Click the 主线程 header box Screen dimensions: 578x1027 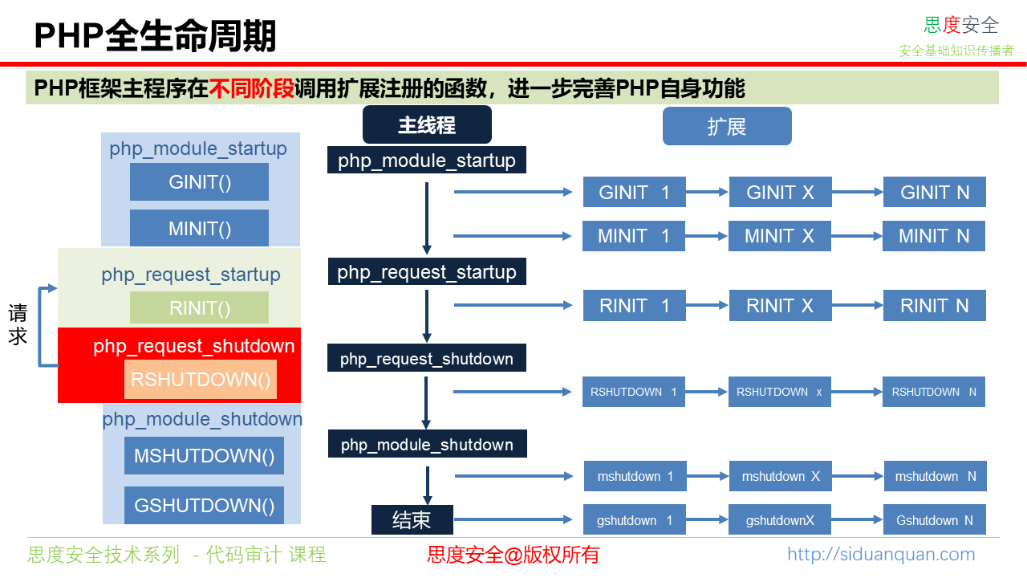click(427, 125)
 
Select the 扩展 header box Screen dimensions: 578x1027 click(727, 126)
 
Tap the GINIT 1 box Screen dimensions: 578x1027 click(634, 193)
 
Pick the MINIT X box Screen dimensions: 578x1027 click(780, 236)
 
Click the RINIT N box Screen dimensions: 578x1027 click(934, 306)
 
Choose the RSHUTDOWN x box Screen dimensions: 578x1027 click(780, 392)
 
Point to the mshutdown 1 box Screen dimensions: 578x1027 click(635, 476)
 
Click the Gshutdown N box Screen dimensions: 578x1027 click(935, 520)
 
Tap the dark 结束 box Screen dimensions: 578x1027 click(412, 520)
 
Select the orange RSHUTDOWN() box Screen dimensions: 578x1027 click(201, 379)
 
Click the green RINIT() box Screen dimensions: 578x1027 click(199, 307)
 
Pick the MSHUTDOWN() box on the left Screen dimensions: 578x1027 click(204, 456)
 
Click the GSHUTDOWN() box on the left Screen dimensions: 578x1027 click(204, 506)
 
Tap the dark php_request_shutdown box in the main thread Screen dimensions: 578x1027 click(426, 358)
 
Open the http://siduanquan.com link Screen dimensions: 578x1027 click(881, 554)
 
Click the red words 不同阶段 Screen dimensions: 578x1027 click(251, 88)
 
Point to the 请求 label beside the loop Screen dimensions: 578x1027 click(18, 324)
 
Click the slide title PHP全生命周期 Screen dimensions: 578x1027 click(155, 36)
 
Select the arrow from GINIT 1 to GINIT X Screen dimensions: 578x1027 click(707, 193)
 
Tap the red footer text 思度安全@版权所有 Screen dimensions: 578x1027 click(513, 555)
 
